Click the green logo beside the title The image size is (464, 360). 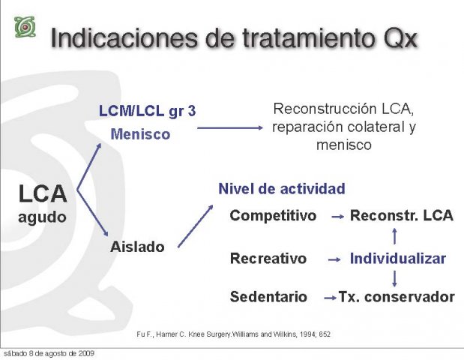25,27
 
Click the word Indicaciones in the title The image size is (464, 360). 124,38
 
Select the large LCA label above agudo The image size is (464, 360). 43,194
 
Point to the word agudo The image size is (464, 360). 42,217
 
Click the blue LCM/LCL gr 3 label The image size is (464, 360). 147,111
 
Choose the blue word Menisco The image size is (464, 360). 140,134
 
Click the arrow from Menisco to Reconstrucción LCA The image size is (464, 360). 230,128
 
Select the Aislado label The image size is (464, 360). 137,247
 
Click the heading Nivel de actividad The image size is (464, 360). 282,188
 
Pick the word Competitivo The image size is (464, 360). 273,215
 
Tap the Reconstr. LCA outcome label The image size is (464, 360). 402,215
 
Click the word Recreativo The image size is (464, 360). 268,258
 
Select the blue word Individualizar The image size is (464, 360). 398,258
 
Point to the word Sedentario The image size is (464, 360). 268,297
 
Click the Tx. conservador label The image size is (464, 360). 397,297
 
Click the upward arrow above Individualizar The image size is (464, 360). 394,236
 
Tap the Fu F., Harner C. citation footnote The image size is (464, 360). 233,334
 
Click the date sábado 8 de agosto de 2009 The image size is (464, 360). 49,353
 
